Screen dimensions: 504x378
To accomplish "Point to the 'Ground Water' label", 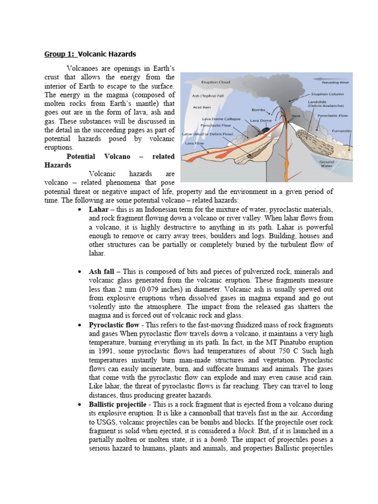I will [x=327, y=164].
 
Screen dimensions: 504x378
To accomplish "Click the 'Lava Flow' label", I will [x=195, y=143].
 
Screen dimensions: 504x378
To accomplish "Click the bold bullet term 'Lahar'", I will [x=98, y=209].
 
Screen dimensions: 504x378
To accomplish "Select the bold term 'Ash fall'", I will [x=101, y=271].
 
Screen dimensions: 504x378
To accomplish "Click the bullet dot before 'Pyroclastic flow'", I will [x=80, y=325].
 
